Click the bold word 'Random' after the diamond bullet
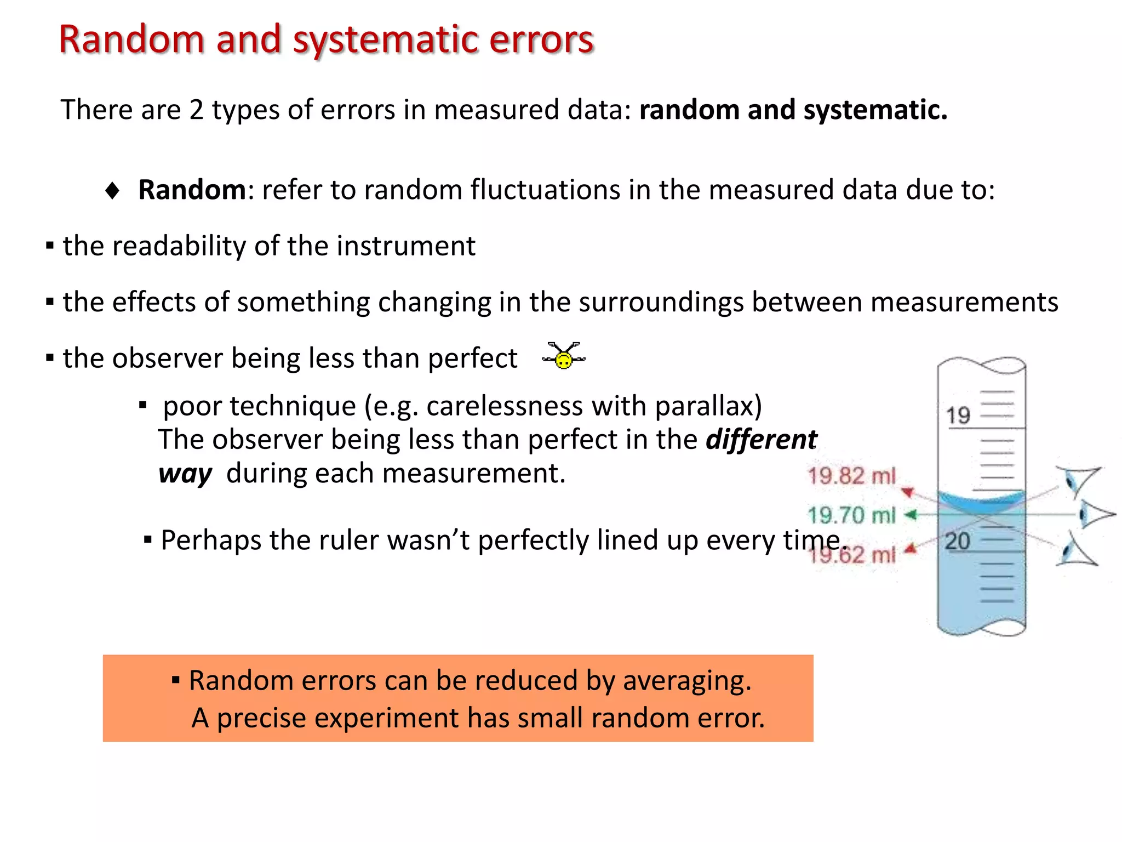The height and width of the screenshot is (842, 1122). pos(192,190)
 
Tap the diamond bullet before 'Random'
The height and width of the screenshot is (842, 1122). pos(112,191)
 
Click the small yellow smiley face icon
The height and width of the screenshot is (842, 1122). pos(564,359)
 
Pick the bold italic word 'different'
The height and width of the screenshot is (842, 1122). pos(761,440)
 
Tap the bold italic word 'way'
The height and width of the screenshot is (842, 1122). pos(185,474)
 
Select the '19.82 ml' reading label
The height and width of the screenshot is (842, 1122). pos(851,476)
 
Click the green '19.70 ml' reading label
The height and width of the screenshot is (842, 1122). pos(851,515)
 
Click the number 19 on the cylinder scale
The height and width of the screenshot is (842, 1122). pos(958,416)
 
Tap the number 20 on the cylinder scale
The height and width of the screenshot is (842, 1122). pos(958,542)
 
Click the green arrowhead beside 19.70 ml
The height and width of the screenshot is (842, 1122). pos(910,515)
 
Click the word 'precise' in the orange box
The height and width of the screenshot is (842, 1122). pos(261,718)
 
